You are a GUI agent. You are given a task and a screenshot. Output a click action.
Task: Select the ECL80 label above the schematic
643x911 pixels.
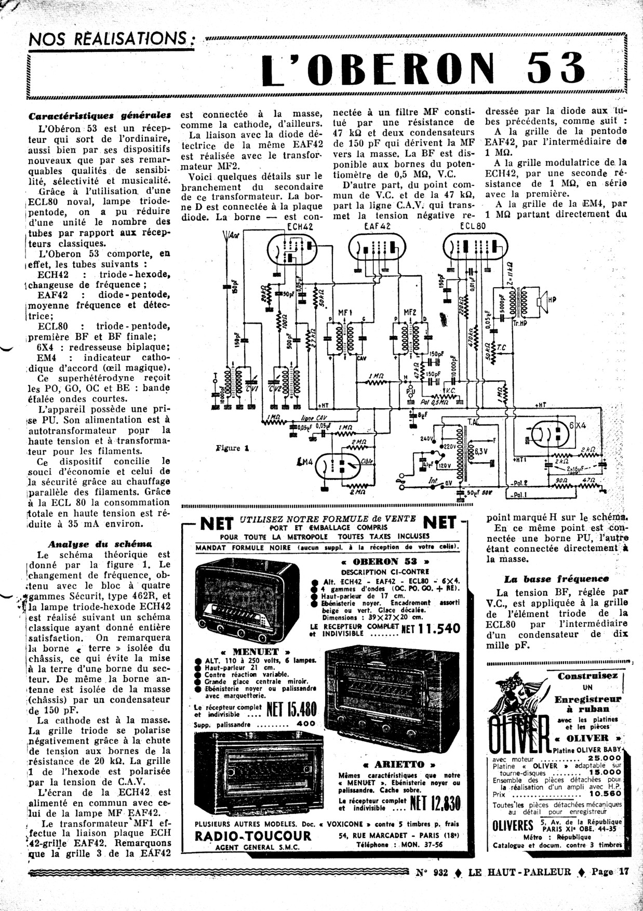473,226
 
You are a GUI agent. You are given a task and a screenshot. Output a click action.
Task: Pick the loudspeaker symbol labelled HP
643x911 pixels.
546,301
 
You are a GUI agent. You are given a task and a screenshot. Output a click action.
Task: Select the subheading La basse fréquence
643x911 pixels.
556,579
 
